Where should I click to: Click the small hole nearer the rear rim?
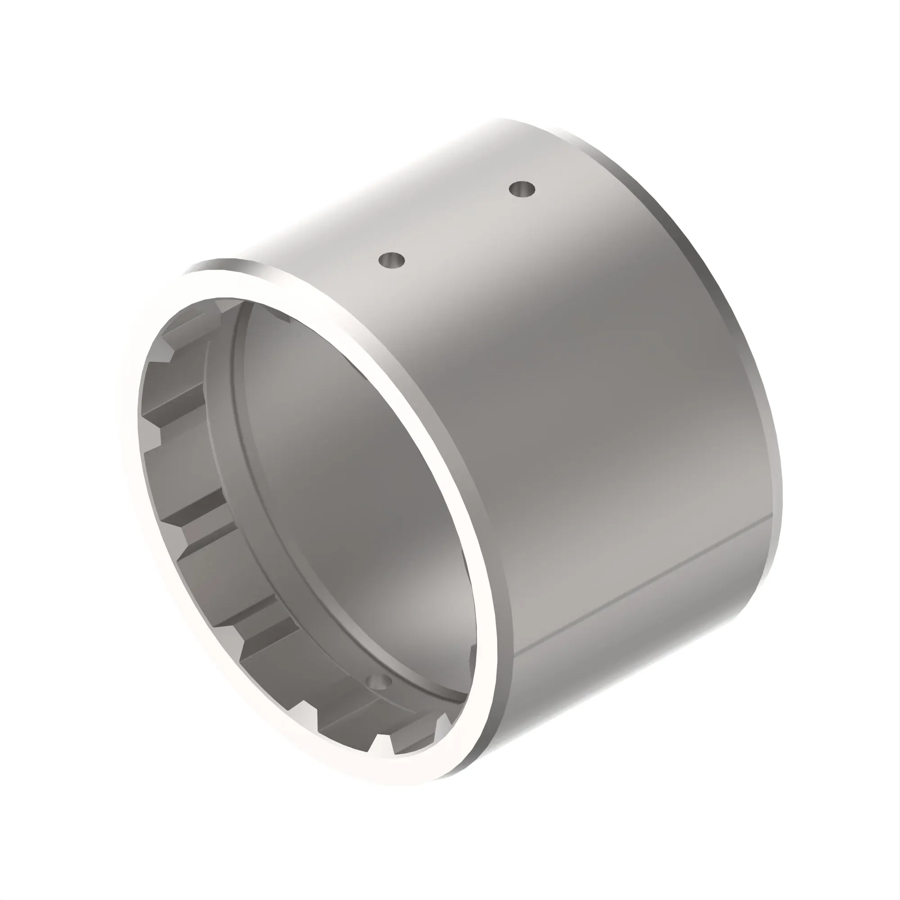coord(522,189)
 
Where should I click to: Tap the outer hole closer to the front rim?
coord(392,261)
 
